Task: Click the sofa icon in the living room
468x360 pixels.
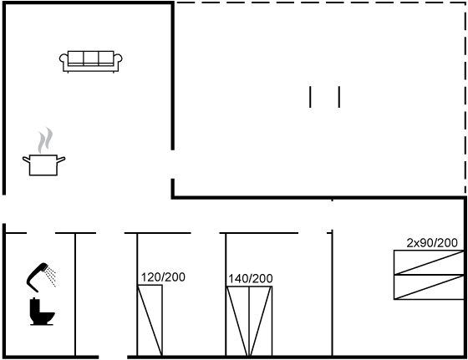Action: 91,62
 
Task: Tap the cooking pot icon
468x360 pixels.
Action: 43,165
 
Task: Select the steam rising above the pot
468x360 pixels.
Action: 45,139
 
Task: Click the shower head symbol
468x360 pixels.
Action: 38,276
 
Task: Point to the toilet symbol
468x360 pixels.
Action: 42,312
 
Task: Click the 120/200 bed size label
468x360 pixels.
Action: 163,277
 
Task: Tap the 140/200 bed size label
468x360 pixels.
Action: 251,279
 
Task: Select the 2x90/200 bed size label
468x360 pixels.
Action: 432,243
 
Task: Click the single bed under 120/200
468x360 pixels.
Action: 150,321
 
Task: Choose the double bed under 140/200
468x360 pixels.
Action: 249,322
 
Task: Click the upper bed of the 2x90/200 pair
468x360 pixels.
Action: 429,262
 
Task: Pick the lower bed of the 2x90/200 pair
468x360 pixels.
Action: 429,287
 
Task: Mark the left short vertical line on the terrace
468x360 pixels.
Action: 310,97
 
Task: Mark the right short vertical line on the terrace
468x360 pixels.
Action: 339,97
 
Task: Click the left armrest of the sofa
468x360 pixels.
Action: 64,61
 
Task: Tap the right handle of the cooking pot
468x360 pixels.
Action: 61,160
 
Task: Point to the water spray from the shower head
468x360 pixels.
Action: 51,276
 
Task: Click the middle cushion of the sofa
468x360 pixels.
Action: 91,58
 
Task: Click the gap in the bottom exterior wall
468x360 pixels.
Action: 113,357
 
